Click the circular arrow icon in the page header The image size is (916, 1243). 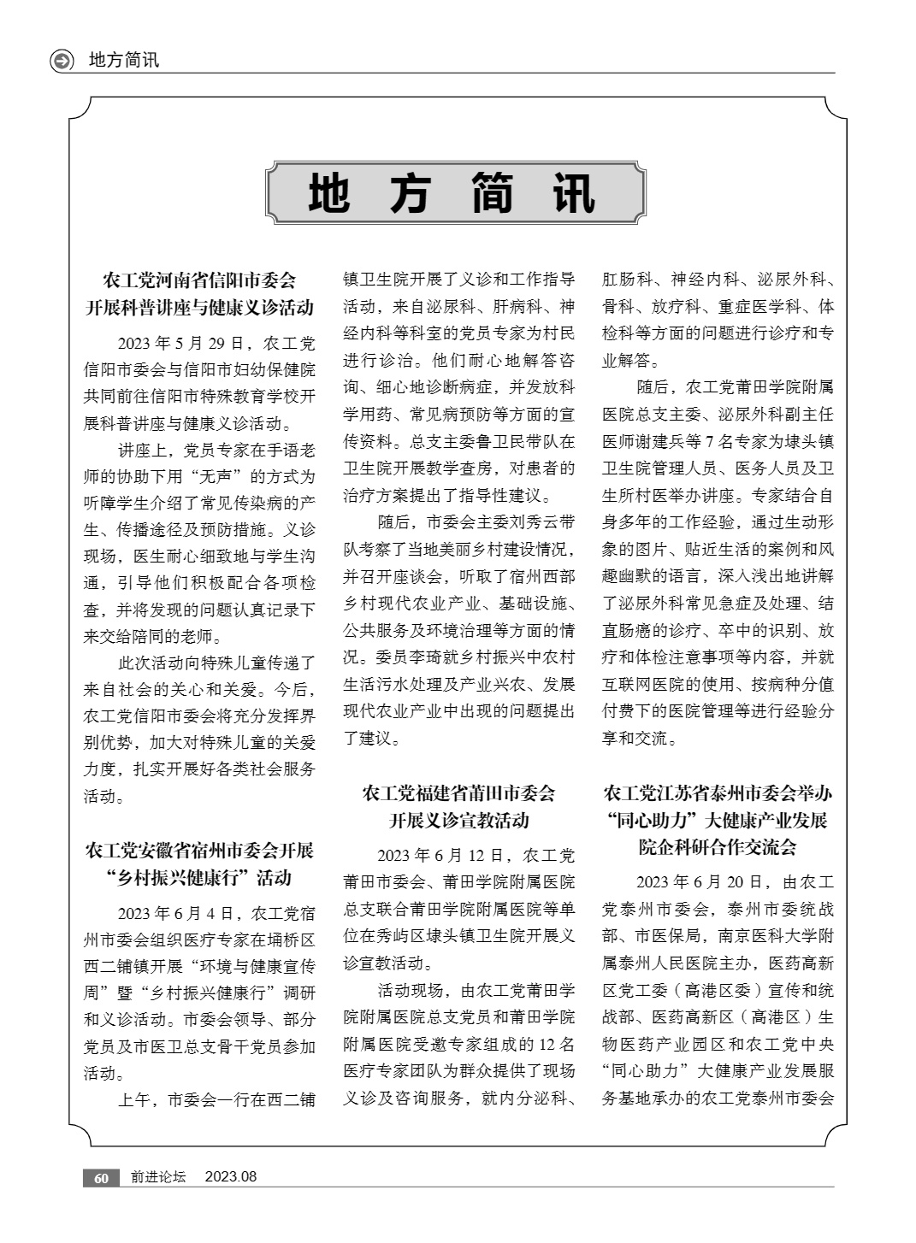[62, 61]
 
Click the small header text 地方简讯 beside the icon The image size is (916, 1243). [124, 61]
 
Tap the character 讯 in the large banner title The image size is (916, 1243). [573, 193]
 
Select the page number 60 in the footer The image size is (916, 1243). [101, 1178]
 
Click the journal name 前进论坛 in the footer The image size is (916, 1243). [158, 1177]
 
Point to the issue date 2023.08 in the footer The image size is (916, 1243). [230, 1177]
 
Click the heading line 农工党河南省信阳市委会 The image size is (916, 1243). [199, 280]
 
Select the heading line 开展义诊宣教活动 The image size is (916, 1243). [458, 821]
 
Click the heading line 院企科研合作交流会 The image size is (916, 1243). [717, 847]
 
